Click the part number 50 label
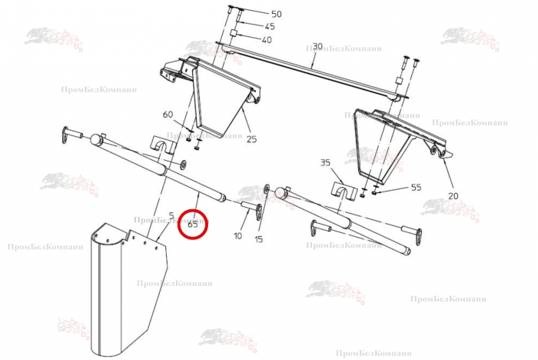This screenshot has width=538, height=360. [x=276, y=14]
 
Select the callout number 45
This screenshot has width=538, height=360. [x=270, y=26]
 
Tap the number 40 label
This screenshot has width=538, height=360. [x=267, y=40]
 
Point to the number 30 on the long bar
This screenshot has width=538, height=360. [x=317, y=46]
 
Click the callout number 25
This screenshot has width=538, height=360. [x=252, y=139]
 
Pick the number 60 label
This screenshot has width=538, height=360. [x=168, y=115]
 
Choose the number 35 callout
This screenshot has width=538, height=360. [x=325, y=162]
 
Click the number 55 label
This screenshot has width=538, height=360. [x=417, y=187]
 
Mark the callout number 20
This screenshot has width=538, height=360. [x=453, y=196]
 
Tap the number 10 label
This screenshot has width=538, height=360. [x=237, y=235]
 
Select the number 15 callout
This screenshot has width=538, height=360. [x=259, y=239]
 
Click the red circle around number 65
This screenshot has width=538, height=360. [x=193, y=225]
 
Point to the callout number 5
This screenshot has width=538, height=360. [x=171, y=215]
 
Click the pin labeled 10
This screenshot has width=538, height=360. [x=251, y=208]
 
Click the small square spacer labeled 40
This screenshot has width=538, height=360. [x=233, y=33]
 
